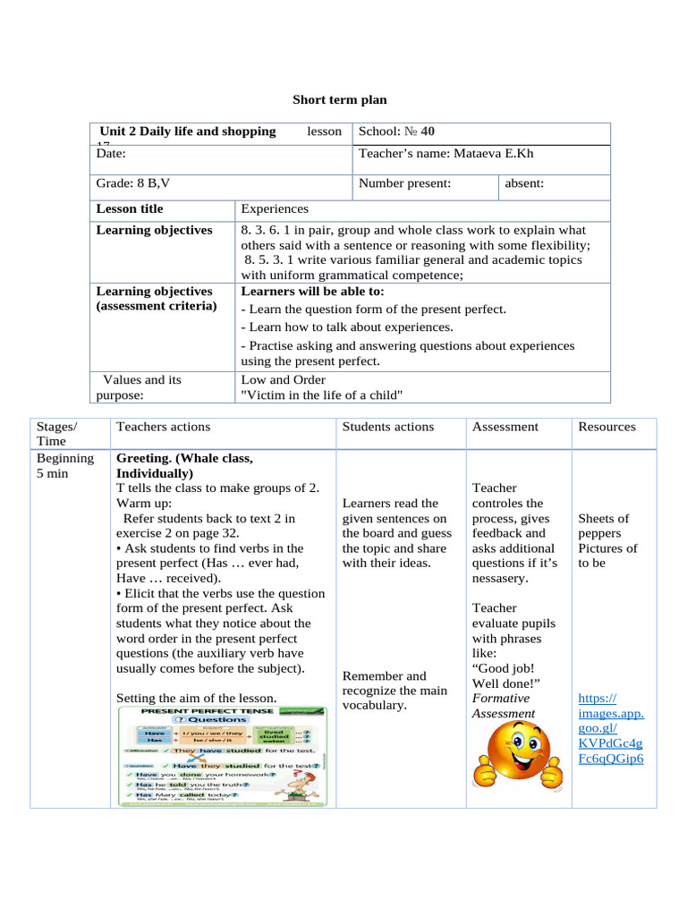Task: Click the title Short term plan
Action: pos(340,100)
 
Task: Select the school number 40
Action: pos(428,131)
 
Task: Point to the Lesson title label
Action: pos(130,208)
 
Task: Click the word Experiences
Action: pos(275,208)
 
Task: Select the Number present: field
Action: pos(404,183)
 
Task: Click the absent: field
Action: pos(524,183)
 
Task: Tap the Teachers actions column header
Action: pos(163,427)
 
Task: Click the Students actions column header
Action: pos(387,427)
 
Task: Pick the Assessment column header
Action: pos(505,427)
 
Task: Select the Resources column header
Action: pos(606,427)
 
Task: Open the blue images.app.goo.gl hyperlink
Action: pos(611,728)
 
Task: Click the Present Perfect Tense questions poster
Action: pos(222,756)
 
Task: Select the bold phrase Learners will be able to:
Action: pos(312,291)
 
